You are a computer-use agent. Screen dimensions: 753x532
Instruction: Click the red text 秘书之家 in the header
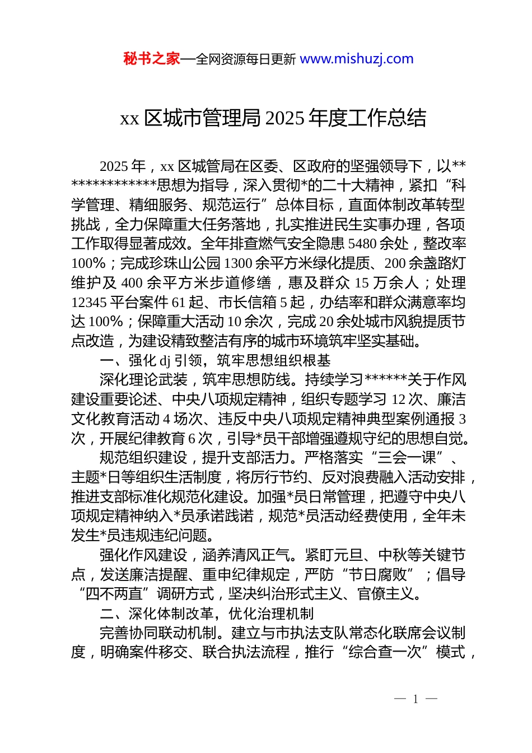(x=151, y=59)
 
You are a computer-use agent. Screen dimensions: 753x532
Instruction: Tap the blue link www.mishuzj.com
(x=357, y=59)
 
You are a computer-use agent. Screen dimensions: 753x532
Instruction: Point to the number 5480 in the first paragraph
(x=363, y=244)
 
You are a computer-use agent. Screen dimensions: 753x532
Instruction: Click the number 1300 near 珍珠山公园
(x=238, y=263)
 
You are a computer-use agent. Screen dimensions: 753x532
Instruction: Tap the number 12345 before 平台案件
(x=89, y=303)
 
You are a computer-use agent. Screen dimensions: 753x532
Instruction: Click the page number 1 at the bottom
(x=416, y=699)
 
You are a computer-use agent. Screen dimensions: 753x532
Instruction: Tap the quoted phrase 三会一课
(x=407, y=458)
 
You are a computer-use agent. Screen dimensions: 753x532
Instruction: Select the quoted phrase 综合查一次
(x=384, y=652)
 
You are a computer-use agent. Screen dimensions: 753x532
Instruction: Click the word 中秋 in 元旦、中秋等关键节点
(x=393, y=555)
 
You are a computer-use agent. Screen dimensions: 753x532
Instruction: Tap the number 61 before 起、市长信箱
(x=179, y=303)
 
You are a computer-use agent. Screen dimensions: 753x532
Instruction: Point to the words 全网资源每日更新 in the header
(x=246, y=59)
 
